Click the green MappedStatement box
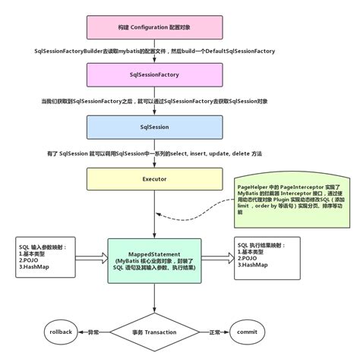point(155,262)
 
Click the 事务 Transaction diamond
point(155,332)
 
